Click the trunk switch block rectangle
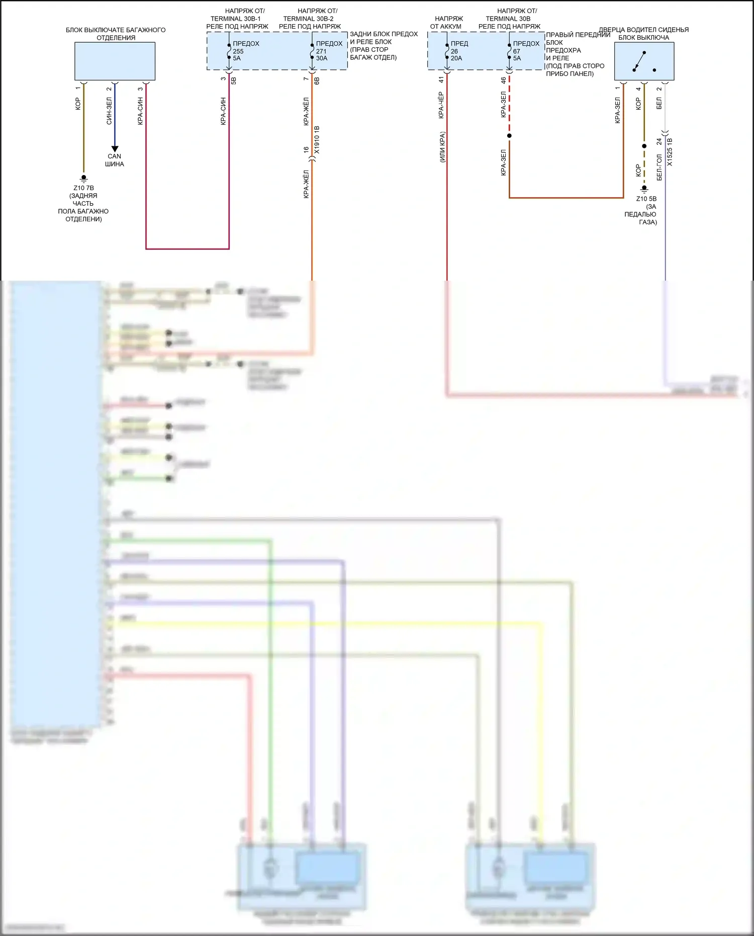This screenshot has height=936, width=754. pos(115,61)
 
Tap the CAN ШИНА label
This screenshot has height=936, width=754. pos(115,160)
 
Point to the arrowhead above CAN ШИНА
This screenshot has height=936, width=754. pos(115,149)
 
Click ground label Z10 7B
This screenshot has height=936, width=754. pos(83,188)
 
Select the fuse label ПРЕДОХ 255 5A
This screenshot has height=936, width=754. pos(245,51)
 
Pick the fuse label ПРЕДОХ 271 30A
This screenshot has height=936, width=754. pos(329,51)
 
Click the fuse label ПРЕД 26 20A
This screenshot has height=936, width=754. pos(458,51)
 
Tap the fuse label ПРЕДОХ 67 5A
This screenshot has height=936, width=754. pos(525,51)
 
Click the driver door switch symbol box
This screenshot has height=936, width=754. pos(644,61)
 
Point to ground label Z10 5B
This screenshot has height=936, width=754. pos(646,199)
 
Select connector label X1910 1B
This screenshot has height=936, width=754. pos(317,140)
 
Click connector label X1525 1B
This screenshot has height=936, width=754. pos(670,152)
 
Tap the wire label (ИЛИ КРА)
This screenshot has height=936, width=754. pos(442,147)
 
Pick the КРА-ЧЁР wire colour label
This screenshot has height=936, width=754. pos(441,105)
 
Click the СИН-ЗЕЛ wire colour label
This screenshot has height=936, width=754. pos(109,111)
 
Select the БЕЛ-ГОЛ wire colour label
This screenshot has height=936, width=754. pos(659,167)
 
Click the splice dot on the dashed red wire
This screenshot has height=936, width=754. pos(509,136)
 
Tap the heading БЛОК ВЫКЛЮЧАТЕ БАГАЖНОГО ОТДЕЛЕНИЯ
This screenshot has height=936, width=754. pos(116,34)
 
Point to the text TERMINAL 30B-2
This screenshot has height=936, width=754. pos(308,19)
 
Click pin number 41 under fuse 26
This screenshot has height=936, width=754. pos(441,79)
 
